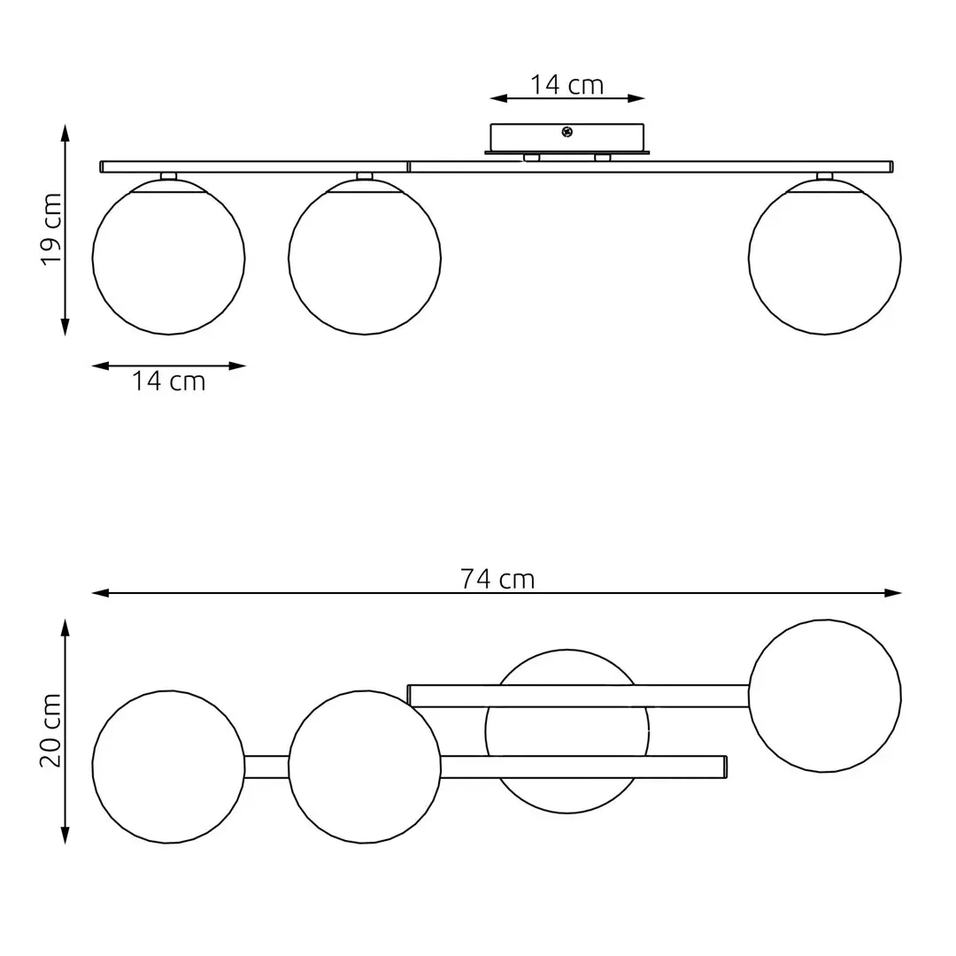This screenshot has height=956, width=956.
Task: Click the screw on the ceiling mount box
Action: (567, 132)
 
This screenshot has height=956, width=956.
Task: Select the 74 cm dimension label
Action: (497, 579)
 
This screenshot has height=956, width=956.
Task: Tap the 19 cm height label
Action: (51, 230)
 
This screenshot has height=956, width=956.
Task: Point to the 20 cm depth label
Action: (51, 730)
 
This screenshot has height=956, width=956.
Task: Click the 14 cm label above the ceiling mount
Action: (567, 85)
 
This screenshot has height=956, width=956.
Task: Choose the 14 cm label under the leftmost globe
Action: (168, 382)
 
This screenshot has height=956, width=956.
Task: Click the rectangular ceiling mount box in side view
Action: (567, 138)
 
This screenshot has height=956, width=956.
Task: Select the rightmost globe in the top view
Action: (825, 696)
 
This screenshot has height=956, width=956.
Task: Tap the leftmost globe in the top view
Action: (168, 767)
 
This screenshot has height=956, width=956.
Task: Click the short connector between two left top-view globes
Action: (266, 767)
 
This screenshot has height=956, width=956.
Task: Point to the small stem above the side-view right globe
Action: (825, 176)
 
